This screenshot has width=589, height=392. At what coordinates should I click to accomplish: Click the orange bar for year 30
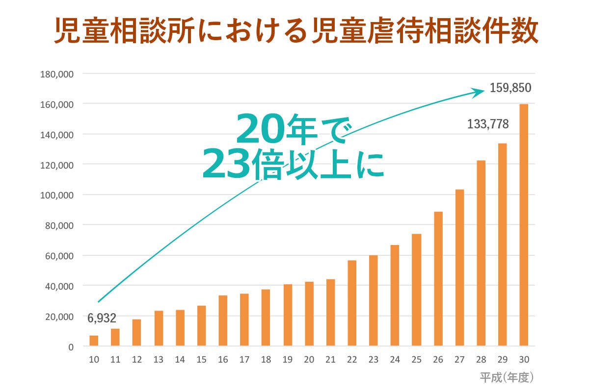tap(524, 225)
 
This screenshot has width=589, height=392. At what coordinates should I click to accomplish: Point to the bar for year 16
tap(223, 320)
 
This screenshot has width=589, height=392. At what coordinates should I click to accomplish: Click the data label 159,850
tap(510, 89)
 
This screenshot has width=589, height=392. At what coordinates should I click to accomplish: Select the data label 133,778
tap(488, 124)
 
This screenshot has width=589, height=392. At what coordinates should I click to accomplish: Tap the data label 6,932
tap(102, 318)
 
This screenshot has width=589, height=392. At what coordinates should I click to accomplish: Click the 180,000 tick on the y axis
tap(57, 74)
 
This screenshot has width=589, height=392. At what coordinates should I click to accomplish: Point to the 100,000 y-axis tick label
tap(57, 195)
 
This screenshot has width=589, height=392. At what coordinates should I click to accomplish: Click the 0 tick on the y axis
tap(71, 346)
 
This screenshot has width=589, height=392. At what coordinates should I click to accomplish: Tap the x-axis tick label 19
tap(287, 360)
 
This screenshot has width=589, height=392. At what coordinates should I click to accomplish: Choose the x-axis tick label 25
tap(416, 360)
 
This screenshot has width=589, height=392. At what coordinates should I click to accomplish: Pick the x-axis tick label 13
tap(158, 360)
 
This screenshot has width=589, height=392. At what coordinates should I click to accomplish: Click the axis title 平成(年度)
tap(507, 377)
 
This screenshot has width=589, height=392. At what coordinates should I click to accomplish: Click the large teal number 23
tap(226, 165)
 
